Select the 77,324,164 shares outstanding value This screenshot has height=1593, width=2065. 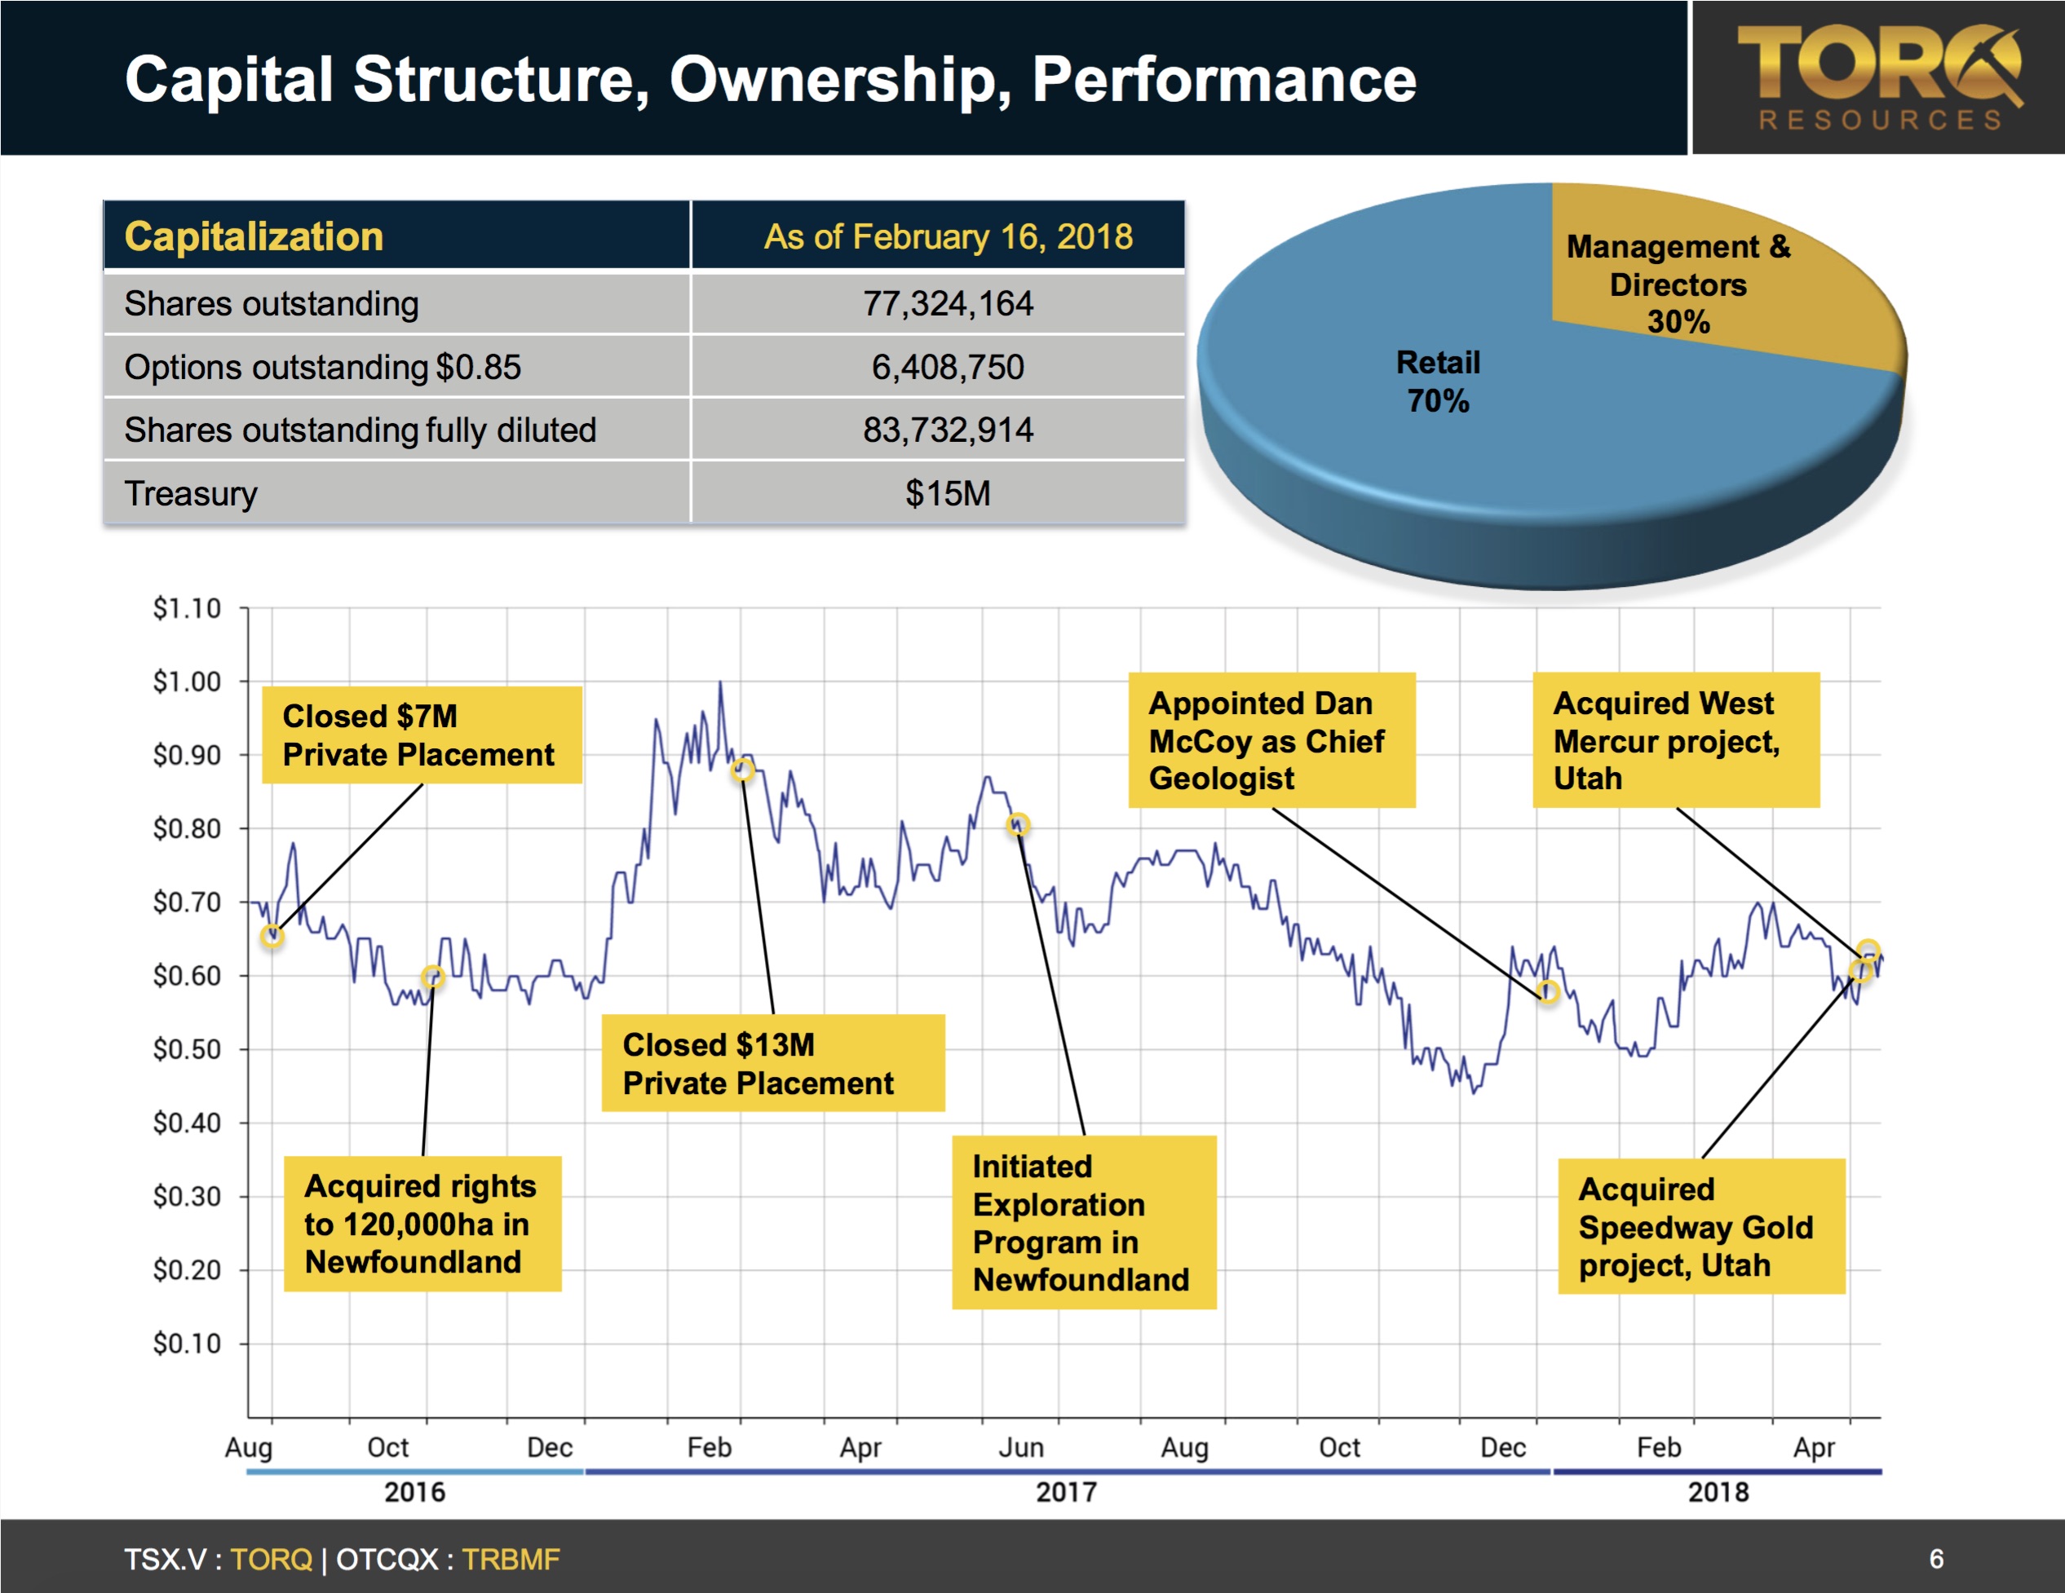click(948, 303)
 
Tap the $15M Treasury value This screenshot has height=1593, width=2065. click(948, 493)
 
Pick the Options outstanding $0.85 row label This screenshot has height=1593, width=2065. click(322, 367)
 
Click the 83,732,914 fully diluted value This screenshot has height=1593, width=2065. click(948, 430)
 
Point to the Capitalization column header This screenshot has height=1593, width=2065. click(254, 236)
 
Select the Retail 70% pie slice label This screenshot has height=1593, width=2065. click(1437, 382)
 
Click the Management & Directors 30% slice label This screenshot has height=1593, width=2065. click(1678, 284)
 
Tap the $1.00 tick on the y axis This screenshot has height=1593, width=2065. click(188, 682)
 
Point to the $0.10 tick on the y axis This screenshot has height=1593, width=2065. click(188, 1344)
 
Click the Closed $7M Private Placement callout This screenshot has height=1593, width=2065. click(421, 735)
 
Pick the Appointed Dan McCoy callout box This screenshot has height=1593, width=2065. click(1271, 740)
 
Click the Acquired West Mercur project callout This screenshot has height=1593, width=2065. click(1674, 740)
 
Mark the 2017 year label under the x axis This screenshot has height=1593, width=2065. click(1066, 1493)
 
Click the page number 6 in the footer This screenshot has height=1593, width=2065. click(1935, 1559)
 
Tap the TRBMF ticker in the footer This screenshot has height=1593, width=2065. click(511, 1559)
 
